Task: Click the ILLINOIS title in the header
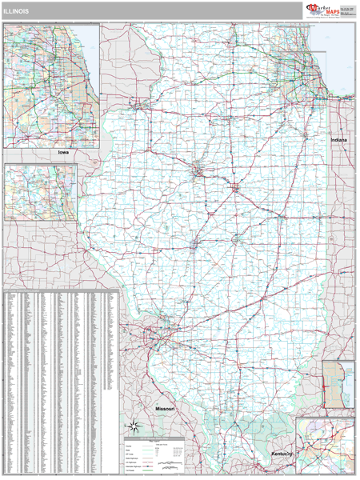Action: tap(18, 11)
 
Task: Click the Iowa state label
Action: tap(63, 152)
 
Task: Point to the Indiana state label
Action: tap(338, 139)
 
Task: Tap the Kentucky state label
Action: tap(282, 454)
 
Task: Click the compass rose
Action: tap(134, 426)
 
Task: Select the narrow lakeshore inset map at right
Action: tap(338, 385)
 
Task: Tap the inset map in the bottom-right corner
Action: tap(325, 446)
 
